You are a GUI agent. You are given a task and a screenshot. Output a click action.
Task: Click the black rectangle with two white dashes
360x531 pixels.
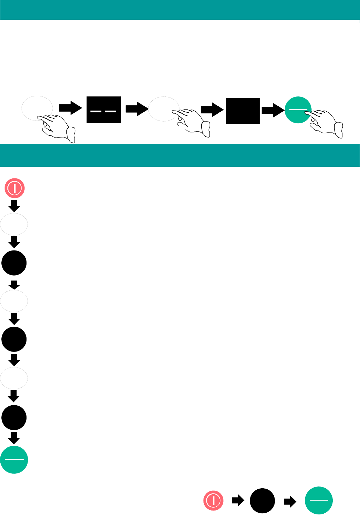pos(104,110)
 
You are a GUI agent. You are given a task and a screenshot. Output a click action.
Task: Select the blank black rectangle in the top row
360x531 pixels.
pos(243,111)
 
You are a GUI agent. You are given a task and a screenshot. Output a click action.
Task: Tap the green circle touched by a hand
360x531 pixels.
pos(298,110)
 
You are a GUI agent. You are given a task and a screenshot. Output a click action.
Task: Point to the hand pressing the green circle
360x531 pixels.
pos(325,124)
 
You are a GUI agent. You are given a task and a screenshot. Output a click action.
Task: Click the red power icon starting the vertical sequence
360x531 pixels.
pos(14,188)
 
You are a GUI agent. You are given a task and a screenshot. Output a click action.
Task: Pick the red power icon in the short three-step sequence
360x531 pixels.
pos(213,501)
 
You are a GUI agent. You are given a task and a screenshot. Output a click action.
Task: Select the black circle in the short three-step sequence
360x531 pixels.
pos(262,501)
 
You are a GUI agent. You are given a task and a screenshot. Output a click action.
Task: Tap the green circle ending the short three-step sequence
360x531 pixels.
pos(319,501)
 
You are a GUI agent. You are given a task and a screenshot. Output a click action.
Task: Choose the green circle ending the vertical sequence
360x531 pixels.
pos(14,460)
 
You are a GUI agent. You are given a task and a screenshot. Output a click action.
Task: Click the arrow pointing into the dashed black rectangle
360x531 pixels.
pos(70,108)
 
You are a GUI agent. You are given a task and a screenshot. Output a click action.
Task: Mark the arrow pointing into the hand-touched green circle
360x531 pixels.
pos(273,110)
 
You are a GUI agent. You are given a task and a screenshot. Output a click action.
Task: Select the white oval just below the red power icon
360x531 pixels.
pos(14,224)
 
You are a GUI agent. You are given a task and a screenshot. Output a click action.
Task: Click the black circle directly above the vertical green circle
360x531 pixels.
pos(14,418)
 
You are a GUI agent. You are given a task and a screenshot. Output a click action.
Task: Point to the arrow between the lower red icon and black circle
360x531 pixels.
pos(238,501)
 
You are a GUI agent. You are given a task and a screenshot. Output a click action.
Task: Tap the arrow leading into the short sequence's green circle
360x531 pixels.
pos(290,501)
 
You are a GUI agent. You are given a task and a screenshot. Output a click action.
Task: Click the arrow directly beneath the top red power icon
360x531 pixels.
pos(14,206)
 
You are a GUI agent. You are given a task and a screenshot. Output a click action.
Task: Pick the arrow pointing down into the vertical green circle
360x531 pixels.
pos(14,437)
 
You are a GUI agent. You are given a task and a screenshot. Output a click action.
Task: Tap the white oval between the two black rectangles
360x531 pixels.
pos(164,109)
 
